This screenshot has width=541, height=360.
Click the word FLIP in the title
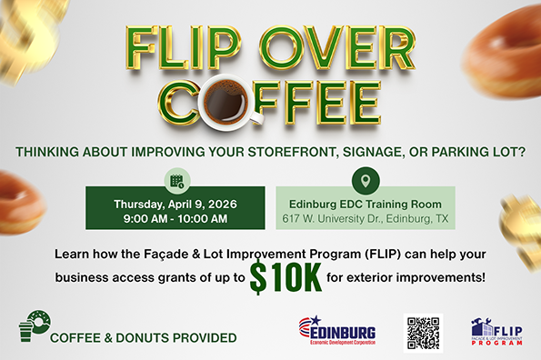click(175, 48)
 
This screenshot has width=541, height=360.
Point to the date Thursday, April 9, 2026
click(175, 204)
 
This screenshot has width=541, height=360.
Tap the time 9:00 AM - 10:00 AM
click(175, 219)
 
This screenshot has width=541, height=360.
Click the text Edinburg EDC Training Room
click(365, 204)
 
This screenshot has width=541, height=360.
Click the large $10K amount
click(286, 278)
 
